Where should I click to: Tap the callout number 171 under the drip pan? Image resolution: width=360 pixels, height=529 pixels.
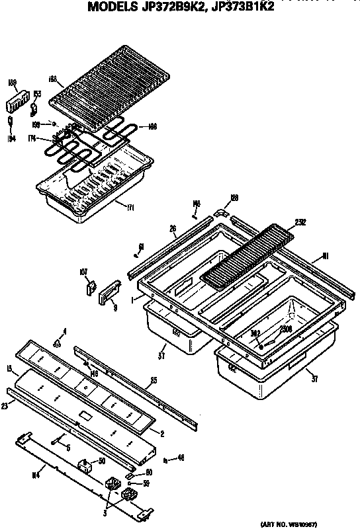[130, 207]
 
